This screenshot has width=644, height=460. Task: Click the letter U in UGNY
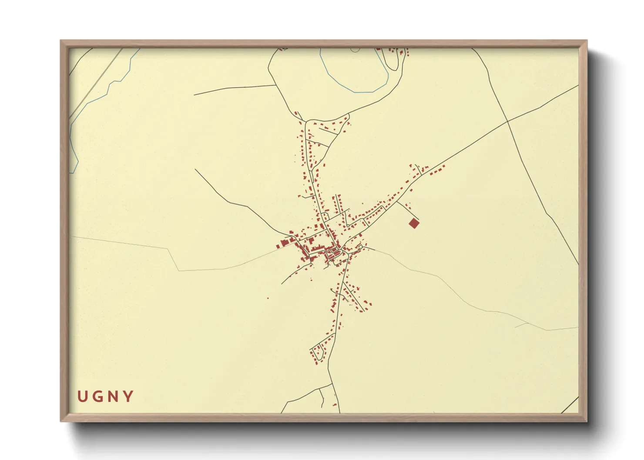tap(82, 397)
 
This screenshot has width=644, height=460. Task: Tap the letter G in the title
tap(97, 397)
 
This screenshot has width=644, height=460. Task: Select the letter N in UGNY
tap(113, 397)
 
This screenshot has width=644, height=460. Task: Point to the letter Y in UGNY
tap(128, 397)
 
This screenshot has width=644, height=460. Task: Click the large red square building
tap(414, 223)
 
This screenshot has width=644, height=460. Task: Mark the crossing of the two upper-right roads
tap(507, 121)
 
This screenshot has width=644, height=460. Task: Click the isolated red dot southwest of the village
tap(268, 298)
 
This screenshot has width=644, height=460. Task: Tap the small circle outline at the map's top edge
tap(355, 50)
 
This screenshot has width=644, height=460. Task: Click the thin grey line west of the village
tap(131, 244)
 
